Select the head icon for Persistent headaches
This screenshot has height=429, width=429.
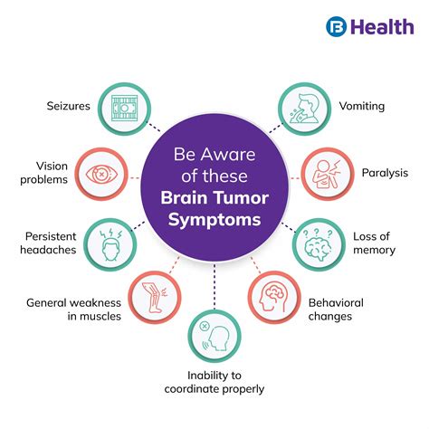coord(110,242)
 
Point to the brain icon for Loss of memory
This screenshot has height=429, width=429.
coord(318,242)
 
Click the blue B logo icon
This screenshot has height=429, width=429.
coord(338,26)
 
